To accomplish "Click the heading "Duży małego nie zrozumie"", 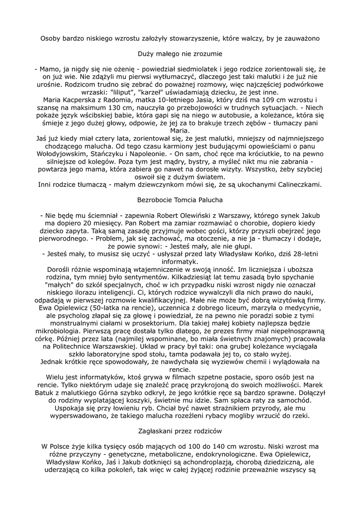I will pyautogui.click(x=180, y=52).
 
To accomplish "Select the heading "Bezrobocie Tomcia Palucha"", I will pyautogui.click(x=180, y=200).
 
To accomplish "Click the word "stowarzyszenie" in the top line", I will pyautogui.click(x=215, y=37).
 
